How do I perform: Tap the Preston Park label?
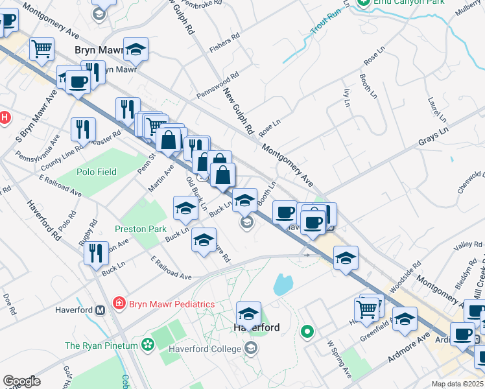(x=141, y=229)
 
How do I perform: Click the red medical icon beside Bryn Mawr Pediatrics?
(x=119, y=303)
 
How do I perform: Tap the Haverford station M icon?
(x=101, y=310)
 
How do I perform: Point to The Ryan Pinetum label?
(x=101, y=346)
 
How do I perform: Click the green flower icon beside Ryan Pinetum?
(x=149, y=344)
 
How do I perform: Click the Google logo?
(x=21, y=381)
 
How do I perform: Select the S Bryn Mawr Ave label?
(x=36, y=114)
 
